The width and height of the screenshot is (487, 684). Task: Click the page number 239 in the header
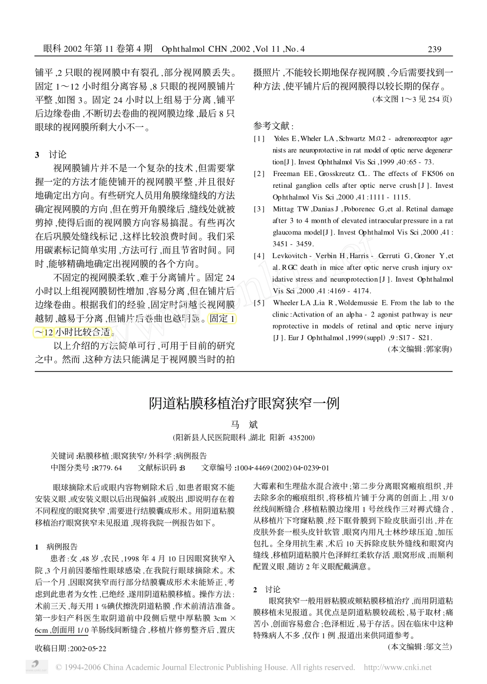434,49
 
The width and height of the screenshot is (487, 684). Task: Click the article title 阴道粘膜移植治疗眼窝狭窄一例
243,403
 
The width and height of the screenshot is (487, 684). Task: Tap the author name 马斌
243,424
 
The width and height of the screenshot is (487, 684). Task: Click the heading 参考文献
274,126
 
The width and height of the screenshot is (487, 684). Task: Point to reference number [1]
259,139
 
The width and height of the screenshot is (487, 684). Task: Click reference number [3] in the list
259,209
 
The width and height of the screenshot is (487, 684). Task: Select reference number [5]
259,303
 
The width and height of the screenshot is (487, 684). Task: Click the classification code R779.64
108,468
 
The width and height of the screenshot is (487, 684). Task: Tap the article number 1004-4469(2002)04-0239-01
282,468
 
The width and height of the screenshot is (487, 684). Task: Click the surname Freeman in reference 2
286,174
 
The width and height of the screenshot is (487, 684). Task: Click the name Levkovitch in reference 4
290,256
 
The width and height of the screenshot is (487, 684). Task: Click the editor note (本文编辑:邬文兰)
420,647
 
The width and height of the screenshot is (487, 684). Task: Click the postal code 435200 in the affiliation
302,438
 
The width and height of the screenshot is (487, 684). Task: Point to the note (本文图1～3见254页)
412,99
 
